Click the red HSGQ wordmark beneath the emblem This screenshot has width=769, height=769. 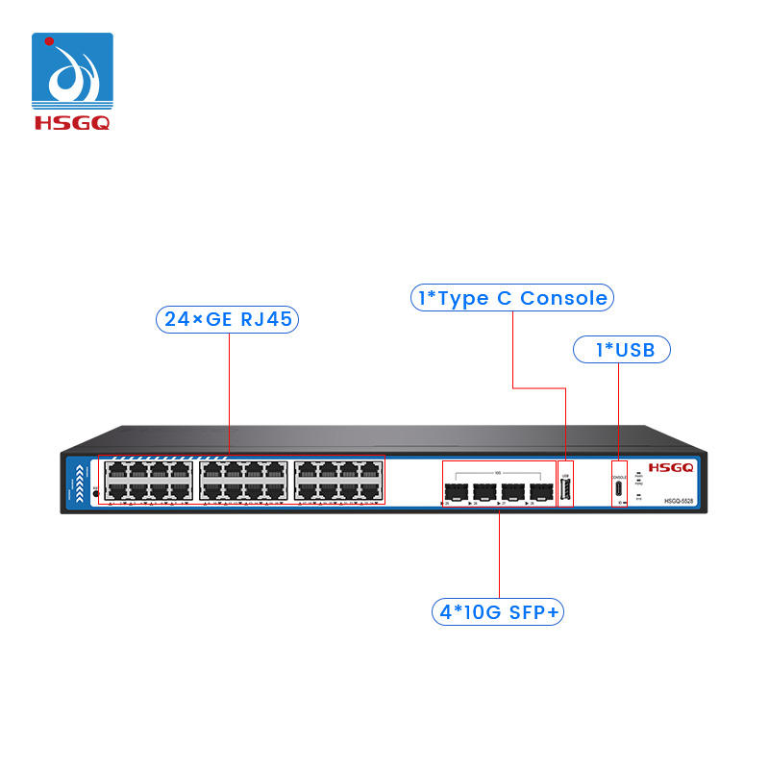(72, 123)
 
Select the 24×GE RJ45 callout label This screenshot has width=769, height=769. (227, 320)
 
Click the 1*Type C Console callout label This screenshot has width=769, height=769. (511, 298)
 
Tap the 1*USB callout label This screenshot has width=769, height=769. (620, 350)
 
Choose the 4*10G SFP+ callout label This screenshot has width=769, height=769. (497, 611)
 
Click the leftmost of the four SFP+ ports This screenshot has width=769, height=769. (457, 489)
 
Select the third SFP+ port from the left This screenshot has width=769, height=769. (513, 489)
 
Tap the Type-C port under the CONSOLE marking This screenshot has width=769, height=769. (620, 488)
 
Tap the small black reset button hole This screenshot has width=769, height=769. (94, 493)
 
